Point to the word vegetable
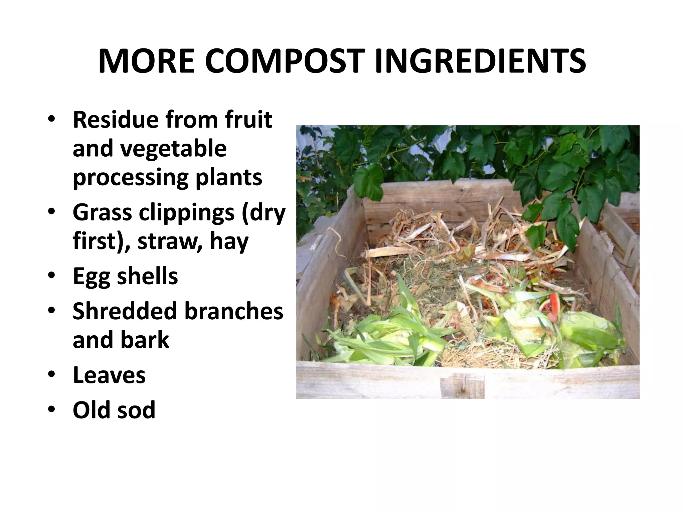[x=173, y=149]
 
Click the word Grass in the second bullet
[x=102, y=212]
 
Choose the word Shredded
[x=125, y=311]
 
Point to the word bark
[x=145, y=340]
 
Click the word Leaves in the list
[x=109, y=375]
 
